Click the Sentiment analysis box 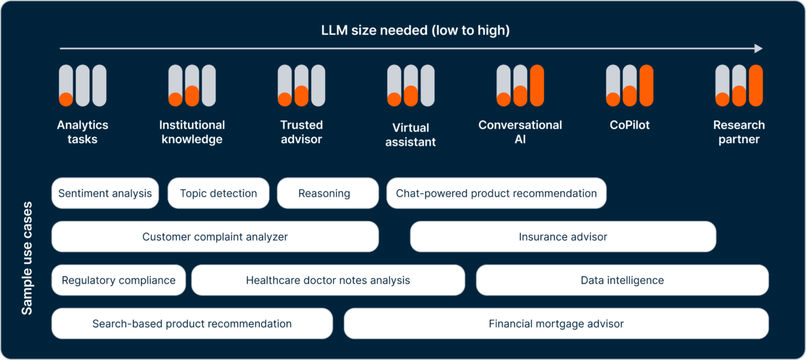point(105,193)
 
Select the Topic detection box point(218,193)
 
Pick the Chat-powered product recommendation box point(496,193)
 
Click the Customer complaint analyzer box point(215,237)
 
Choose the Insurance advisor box point(563,237)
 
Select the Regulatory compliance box point(118,280)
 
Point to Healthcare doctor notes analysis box point(328,280)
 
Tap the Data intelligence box point(622,280)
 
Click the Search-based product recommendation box point(192,324)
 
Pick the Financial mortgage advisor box point(556,324)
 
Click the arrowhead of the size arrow point(758,48)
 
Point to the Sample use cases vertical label point(28,257)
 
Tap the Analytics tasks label point(83,132)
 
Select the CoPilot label point(629,125)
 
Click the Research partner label point(739,132)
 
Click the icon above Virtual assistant point(411,86)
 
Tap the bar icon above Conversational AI point(520,86)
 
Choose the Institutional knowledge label point(192,132)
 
